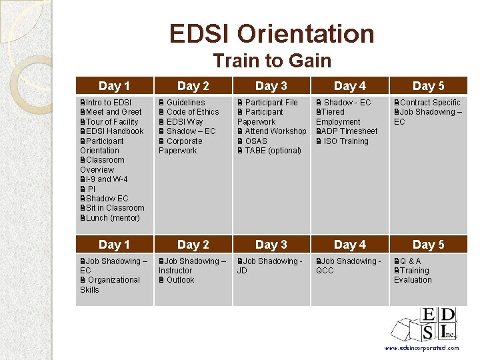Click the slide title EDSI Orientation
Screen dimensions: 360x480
pos(271,33)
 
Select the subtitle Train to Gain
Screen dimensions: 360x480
pos(271,61)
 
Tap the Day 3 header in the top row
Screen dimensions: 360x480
pos(271,86)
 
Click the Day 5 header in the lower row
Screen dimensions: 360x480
pos(428,245)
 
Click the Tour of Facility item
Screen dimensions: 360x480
pos(111,122)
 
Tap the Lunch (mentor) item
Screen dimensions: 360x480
pos(112,218)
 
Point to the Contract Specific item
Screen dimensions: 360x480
pos(429,103)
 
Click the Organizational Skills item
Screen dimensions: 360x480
pos(110,285)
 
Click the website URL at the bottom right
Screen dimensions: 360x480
pos(422,348)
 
